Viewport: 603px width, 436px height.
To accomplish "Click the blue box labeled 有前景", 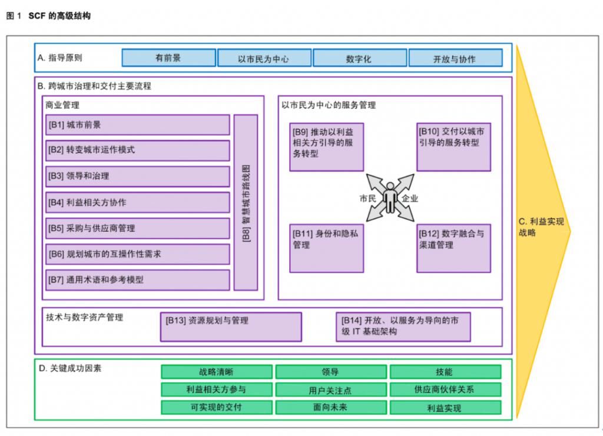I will click(x=168, y=58).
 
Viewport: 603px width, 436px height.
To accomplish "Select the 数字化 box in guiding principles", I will click(x=359, y=58).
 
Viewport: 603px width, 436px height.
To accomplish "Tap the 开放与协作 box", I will click(x=455, y=58).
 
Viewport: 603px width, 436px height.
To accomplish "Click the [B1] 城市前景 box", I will click(x=137, y=125).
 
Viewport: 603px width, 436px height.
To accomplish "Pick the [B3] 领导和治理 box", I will click(x=137, y=176).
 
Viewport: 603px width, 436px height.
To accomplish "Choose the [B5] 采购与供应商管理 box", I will click(x=137, y=228).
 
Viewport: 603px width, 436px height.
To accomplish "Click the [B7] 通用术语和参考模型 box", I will click(x=137, y=279).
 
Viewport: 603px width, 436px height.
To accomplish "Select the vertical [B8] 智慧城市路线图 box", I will click(x=246, y=202).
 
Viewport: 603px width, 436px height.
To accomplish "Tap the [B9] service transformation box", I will click(x=326, y=147).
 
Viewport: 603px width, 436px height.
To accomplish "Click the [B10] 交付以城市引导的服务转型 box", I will click(x=453, y=147).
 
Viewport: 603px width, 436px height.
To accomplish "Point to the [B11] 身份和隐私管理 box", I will click(x=326, y=248).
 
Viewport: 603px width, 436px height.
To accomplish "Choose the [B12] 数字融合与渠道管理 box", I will click(x=453, y=248).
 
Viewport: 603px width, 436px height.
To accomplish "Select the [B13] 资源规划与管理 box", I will click(x=230, y=327).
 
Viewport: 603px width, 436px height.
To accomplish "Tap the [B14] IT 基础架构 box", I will click(x=403, y=327).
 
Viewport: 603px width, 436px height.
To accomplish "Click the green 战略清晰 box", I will click(x=216, y=372).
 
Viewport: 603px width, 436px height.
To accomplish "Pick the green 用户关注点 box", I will click(x=331, y=390).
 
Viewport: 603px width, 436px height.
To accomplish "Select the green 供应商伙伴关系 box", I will click(x=445, y=390).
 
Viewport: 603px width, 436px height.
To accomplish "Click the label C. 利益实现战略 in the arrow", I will click(x=541, y=227).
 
